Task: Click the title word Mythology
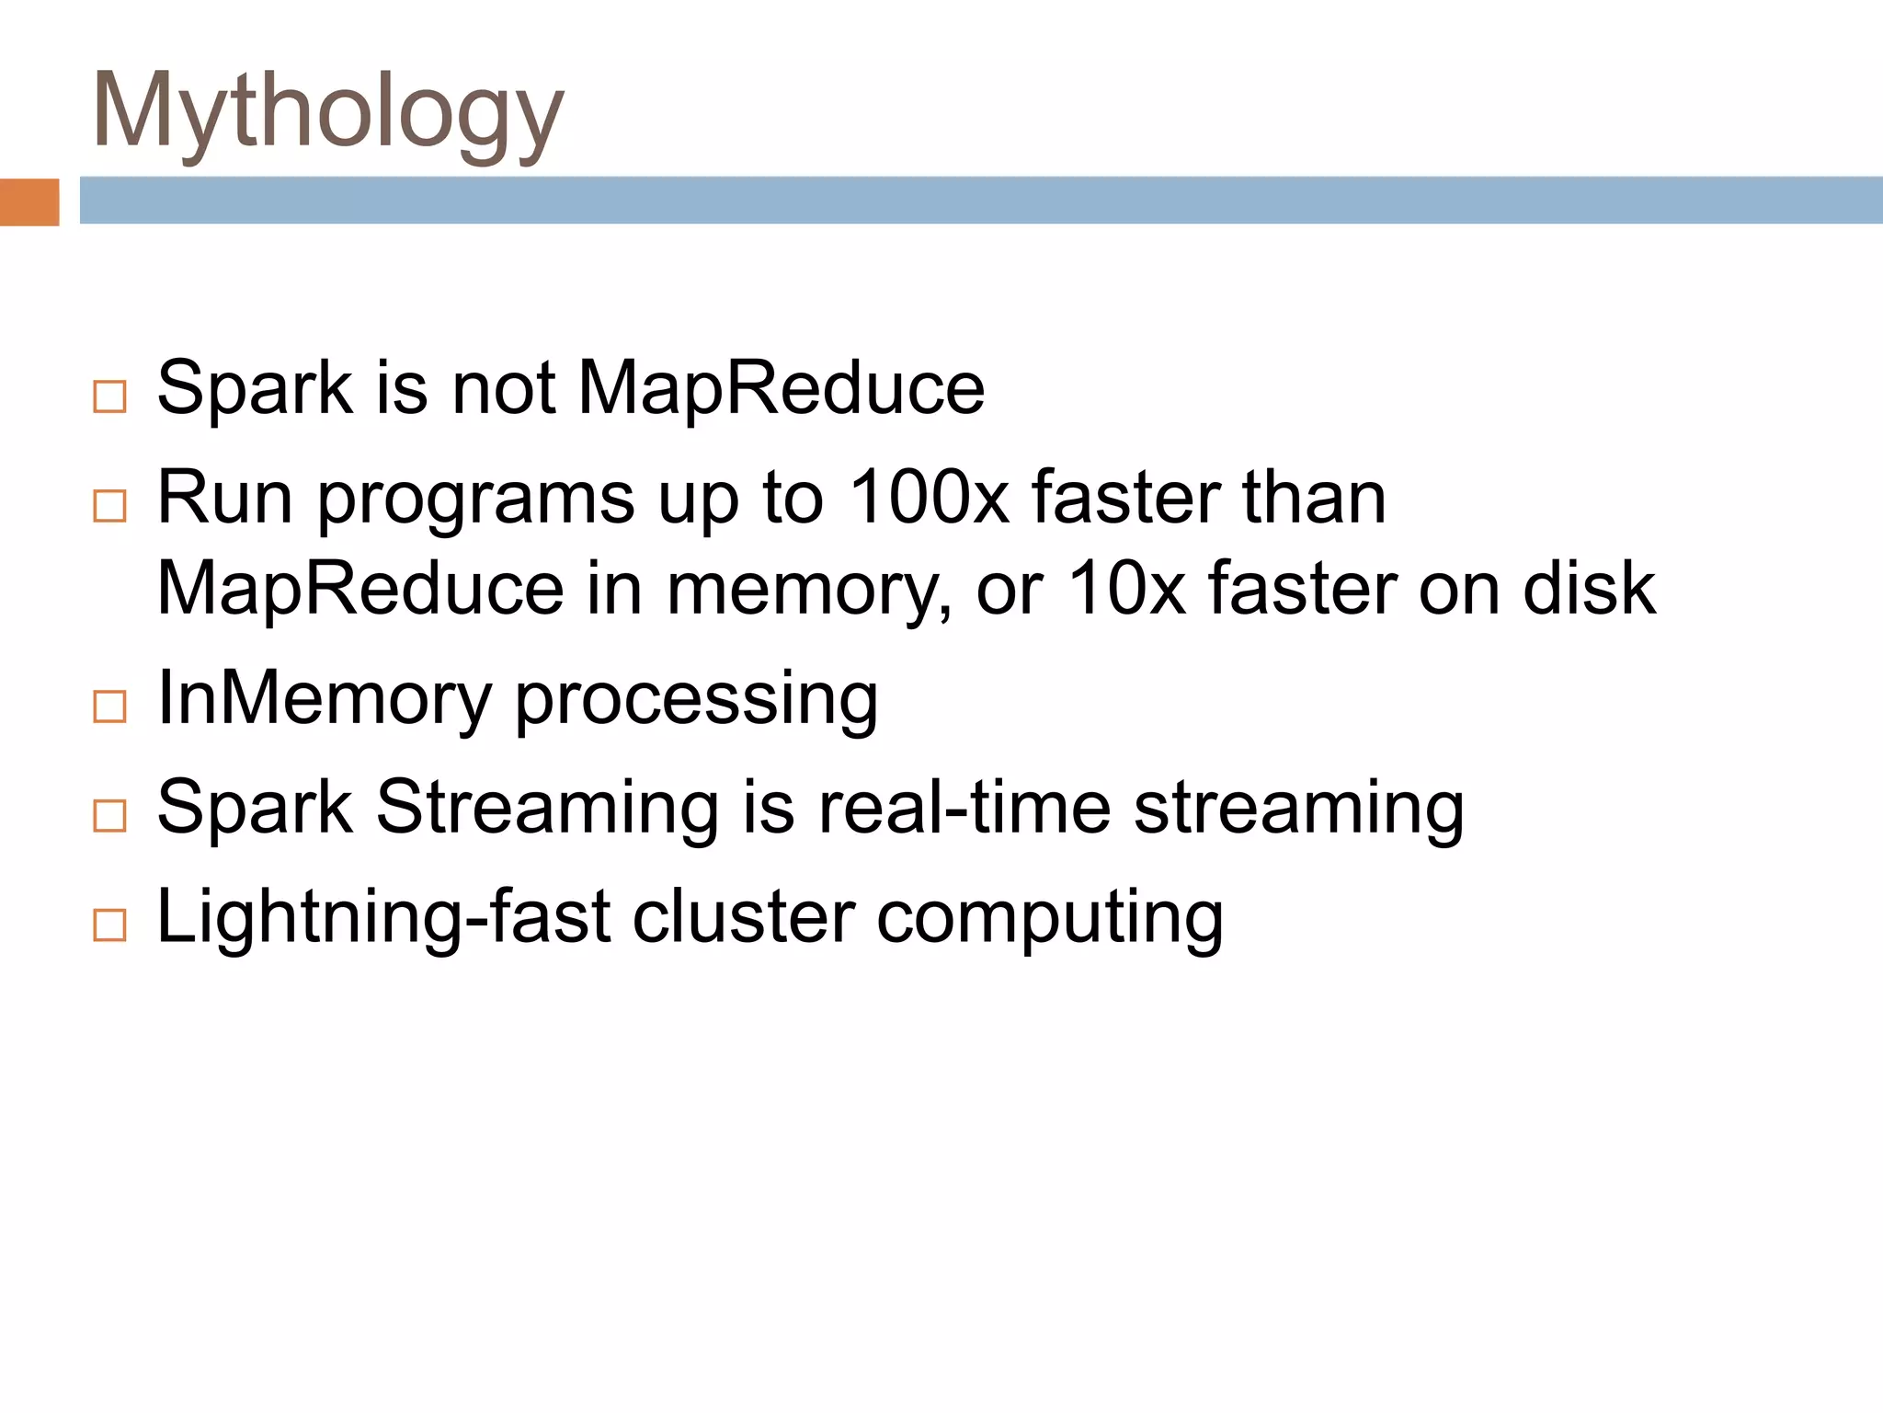coord(327,112)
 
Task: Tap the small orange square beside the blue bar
coord(29,201)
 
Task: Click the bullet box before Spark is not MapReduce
coord(109,396)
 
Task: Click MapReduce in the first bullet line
coord(781,388)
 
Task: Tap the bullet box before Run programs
coord(109,505)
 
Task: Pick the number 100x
coord(929,498)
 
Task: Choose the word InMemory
coord(325,698)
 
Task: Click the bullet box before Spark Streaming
coord(109,815)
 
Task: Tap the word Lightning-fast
coord(384,918)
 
